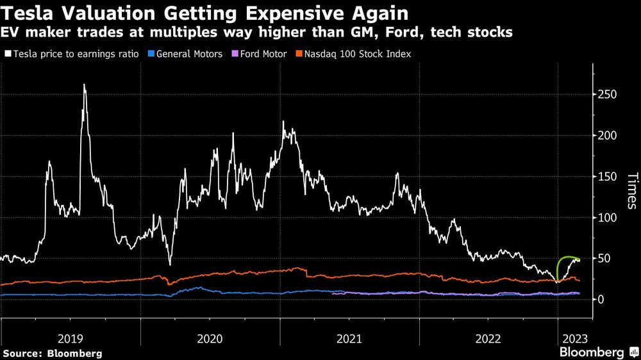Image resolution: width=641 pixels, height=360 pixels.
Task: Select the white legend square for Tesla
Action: tap(8, 54)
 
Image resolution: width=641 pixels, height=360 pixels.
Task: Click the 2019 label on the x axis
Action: tap(71, 338)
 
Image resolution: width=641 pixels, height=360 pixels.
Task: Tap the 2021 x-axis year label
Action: tap(349, 338)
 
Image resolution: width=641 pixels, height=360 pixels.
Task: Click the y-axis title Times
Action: tap(631, 191)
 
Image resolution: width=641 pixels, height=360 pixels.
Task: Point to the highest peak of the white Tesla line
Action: tap(84, 85)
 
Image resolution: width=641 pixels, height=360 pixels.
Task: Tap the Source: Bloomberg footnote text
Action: tap(53, 353)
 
